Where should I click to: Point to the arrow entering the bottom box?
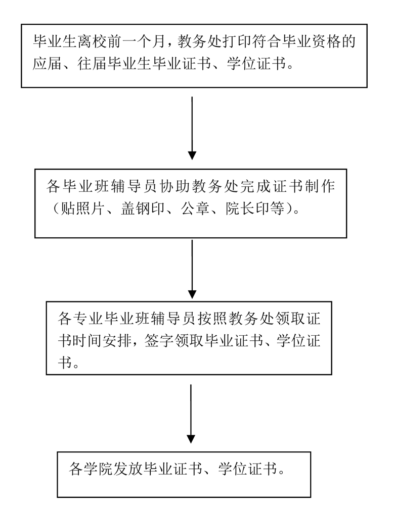[191, 414]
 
